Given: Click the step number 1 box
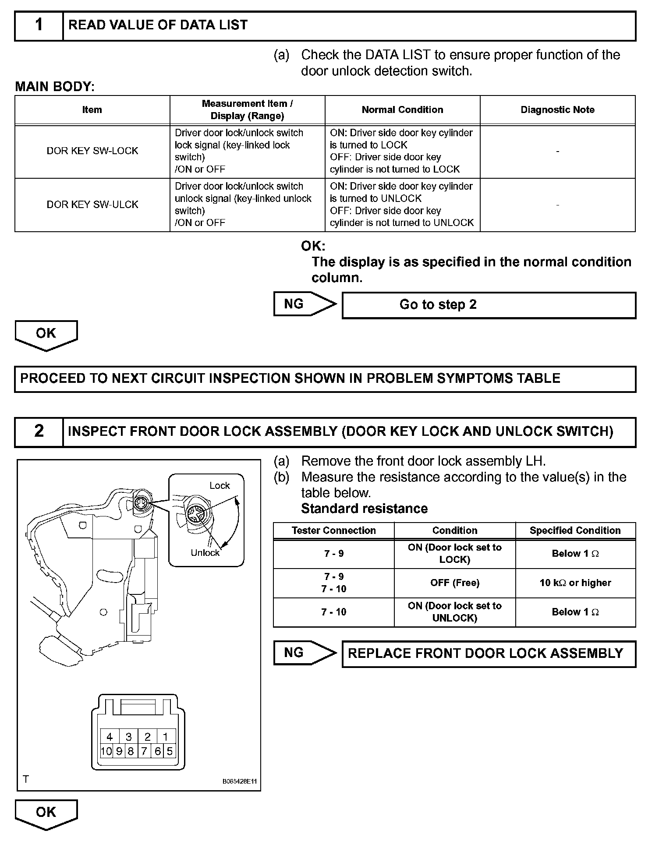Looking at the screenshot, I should click(x=39, y=26).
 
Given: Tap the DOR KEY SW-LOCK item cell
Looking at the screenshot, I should click(x=92, y=151).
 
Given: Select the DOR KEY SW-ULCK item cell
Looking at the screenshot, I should click(x=92, y=205).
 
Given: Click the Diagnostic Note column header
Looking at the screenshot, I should click(x=557, y=110).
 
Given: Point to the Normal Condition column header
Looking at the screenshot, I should click(x=402, y=110).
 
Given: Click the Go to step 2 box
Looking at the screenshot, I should click(x=489, y=305).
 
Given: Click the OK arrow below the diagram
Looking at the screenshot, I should click(x=46, y=813).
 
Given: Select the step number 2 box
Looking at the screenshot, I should click(x=39, y=431).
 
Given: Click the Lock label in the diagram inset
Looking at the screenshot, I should click(x=220, y=486).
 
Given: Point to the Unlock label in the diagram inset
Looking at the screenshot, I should click(x=205, y=553).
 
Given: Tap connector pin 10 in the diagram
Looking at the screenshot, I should click(x=106, y=752).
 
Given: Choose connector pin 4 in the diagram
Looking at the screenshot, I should click(x=110, y=737).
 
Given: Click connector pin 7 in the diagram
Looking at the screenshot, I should click(x=144, y=752).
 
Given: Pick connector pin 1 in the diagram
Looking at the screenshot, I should click(x=166, y=737).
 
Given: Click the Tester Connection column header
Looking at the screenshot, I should click(x=333, y=530).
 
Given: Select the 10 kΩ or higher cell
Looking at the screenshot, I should click(x=575, y=583).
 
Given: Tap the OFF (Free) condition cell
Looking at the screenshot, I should click(x=454, y=583).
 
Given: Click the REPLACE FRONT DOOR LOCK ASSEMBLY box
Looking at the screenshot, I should click(x=489, y=654).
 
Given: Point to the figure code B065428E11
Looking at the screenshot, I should click(x=240, y=781).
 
